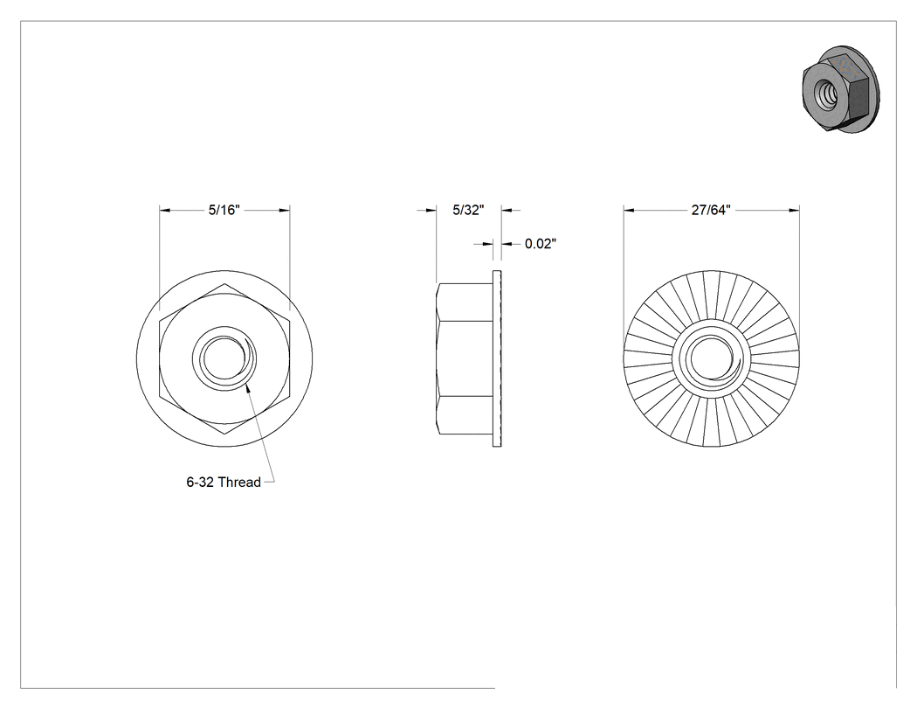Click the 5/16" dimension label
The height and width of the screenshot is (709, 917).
pos(224,210)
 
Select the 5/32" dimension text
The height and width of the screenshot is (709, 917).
pos(468,210)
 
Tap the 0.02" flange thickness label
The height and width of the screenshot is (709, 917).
pos(541,244)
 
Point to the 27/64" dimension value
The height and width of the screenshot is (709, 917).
pos(711,210)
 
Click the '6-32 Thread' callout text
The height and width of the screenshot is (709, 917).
pos(224,482)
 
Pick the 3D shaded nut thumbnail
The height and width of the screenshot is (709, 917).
pos(840,88)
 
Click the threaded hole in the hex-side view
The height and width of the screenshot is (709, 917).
pos(224,358)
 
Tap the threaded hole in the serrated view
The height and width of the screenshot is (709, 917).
pos(711,358)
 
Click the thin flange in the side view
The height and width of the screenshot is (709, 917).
pos(497,358)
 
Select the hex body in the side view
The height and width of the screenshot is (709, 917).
pos(465,358)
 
